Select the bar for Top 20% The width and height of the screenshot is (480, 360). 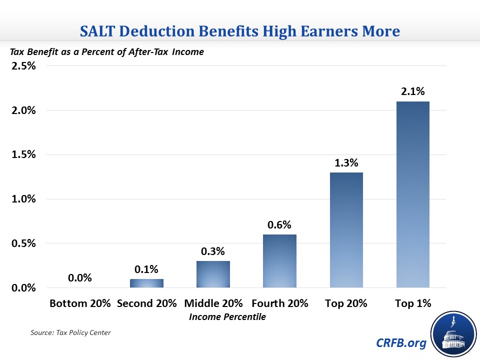point(346,230)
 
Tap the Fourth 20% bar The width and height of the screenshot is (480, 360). point(280,261)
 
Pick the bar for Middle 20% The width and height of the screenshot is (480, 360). point(213,274)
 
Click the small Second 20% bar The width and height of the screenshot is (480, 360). point(146,283)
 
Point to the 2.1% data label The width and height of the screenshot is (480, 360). point(413,91)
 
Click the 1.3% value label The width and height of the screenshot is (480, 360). point(346,162)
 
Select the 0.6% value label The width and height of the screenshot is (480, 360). point(280,224)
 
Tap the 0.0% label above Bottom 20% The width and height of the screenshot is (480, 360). point(80,278)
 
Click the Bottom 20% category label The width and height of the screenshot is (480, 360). point(80,303)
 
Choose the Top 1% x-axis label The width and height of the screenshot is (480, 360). point(413,303)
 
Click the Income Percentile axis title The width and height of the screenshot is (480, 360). point(227,316)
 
